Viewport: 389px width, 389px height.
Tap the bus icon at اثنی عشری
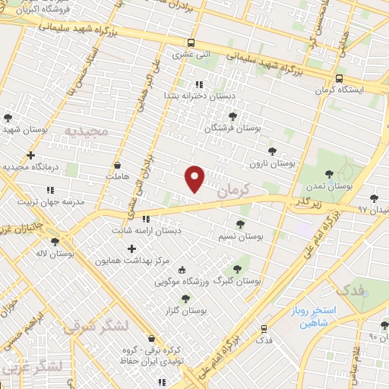(190, 43)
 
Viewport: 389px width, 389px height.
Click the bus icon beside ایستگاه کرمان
(339, 77)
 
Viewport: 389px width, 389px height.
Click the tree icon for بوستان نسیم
(241, 223)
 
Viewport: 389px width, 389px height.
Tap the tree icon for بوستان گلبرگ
(237, 268)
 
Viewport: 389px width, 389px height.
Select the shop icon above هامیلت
(117, 165)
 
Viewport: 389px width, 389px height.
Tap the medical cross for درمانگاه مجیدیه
(30, 155)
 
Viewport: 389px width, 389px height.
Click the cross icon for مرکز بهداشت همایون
(132, 248)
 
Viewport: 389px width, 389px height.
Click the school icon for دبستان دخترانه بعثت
(199, 84)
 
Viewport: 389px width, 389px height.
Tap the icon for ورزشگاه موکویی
(181, 270)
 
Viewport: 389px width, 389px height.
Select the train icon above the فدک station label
(264, 329)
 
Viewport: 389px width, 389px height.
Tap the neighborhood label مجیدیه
(87, 131)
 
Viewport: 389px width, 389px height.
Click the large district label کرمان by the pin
(232, 191)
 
